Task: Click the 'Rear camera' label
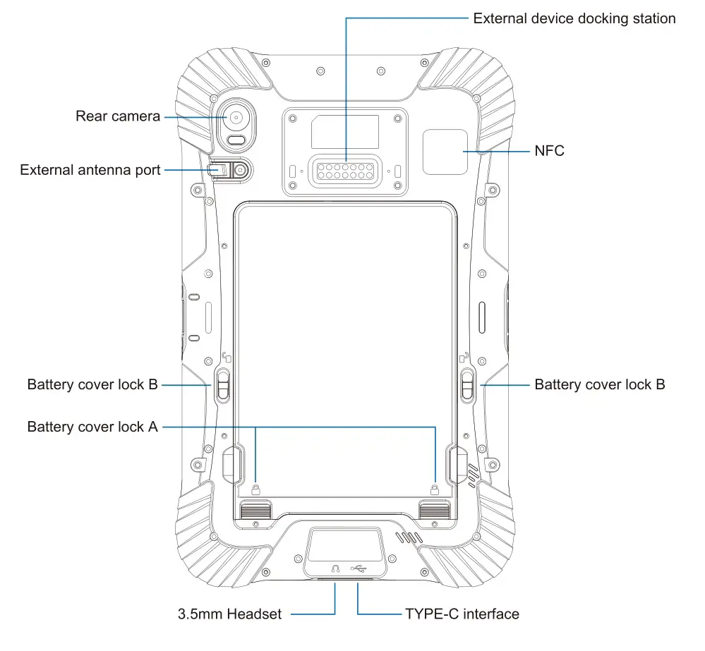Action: pyautogui.click(x=118, y=116)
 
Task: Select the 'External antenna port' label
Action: pyautogui.click(x=90, y=170)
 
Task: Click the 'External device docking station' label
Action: pyautogui.click(x=574, y=18)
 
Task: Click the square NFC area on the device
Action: pyautogui.click(x=445, y=151)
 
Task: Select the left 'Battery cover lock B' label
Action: pyautogui.click(x=92, y=385)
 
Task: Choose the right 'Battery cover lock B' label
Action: pyautogui.click(x=600, y=385)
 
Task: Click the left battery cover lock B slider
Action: pyautogui.click(x=223, y=385)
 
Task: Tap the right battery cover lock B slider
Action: pyautogui.click(x=468, y=385)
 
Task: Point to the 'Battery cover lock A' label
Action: pyautogui.click(x=92, y=427)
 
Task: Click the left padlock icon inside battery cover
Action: pyautogui.click(x=255, y=488)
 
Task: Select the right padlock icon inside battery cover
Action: pyautogui.click(x=435, y=488)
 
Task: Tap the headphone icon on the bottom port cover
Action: pyautogui.click(x=336, y=568)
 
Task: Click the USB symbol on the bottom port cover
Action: pyautogui.click(x=358, y=568)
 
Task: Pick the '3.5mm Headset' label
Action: pyautogui.click(x=229, y=614)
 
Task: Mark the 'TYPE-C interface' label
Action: pyautogui.click(x=462, y=614)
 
